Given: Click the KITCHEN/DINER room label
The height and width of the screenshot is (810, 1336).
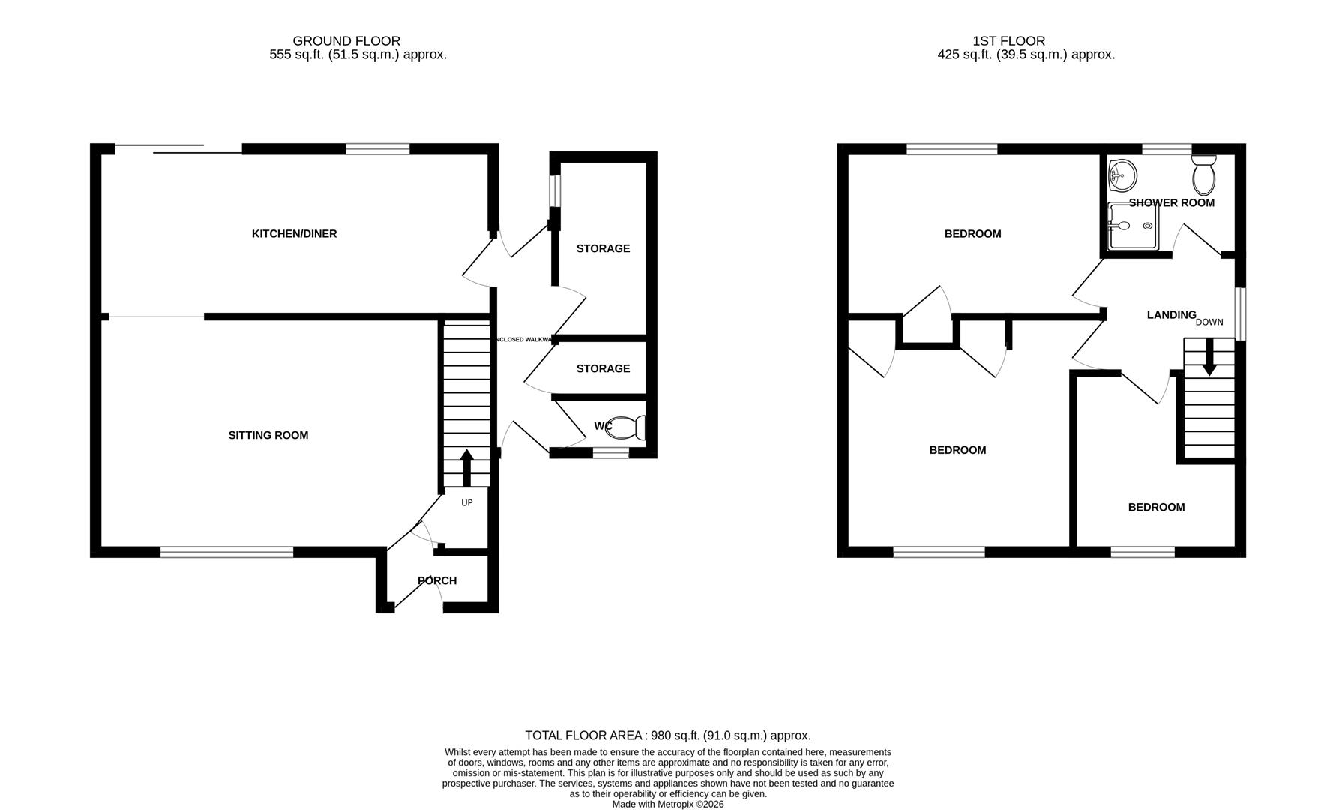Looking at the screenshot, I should (x=294, y=234).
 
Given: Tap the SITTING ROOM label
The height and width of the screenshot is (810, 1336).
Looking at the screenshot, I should (x=268, y=435).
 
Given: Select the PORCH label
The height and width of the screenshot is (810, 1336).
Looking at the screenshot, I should (x=437, y=580).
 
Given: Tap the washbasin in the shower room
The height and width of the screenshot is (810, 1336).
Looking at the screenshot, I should (x=1122, y=175).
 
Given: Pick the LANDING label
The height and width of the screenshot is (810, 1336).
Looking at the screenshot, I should (x=1171, y=315).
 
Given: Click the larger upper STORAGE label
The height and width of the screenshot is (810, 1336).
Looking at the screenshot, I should (x=603, y=248).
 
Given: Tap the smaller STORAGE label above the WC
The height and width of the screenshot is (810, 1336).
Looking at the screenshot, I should (x=603, y=368).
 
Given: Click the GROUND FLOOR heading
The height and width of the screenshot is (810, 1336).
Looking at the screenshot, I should (x=346, y=41).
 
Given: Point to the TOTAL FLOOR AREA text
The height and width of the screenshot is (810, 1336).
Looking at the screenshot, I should (x=667, y=736).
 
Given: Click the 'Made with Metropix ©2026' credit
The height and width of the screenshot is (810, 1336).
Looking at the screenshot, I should (x=667, y=805).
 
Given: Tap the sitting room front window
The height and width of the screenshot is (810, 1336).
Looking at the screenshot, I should (x=226, y=553).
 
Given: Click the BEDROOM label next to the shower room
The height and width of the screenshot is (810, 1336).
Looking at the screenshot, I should (x=972, y=234).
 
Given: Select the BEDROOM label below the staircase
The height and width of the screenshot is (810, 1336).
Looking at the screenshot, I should (x=1156, y=508).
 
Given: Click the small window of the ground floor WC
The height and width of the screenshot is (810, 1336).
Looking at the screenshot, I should (x=611, y=453).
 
